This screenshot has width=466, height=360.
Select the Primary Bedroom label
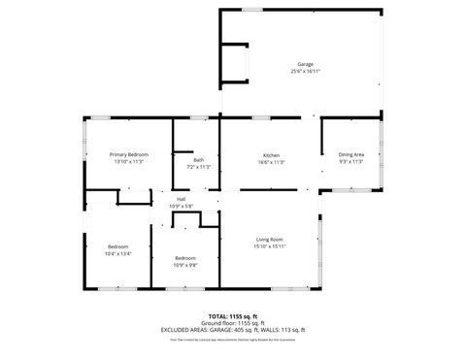(x=128, y=154)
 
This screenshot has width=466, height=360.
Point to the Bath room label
(x=198, y=160)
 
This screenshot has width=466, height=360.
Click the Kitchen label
(x=272, y=155)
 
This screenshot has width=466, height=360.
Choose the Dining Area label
(x=350, y=154)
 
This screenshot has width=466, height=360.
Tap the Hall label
(x=182, y=200)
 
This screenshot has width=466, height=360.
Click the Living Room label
(x=269, y=240)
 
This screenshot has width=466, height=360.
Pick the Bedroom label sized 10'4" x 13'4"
(x=116, y=246)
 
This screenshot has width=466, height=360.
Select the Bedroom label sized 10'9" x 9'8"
(x=185, y=257)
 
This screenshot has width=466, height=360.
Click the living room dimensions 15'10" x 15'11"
(x=269, y=246)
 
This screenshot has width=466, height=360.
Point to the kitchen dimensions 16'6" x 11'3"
(x=272, y=162)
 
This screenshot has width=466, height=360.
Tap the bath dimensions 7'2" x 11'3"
(x=198, y=167)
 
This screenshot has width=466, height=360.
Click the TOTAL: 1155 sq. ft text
(x=232, y=316)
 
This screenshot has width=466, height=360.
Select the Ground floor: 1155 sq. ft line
(x=232, y=323)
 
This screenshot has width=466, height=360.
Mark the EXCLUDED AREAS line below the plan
(x=232, y=330)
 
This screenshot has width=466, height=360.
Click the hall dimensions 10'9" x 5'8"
(x=182, y=206)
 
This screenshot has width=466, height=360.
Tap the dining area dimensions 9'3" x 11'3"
(x=350, y=161)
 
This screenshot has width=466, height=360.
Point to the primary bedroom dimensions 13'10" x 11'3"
(x=128, y=161)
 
